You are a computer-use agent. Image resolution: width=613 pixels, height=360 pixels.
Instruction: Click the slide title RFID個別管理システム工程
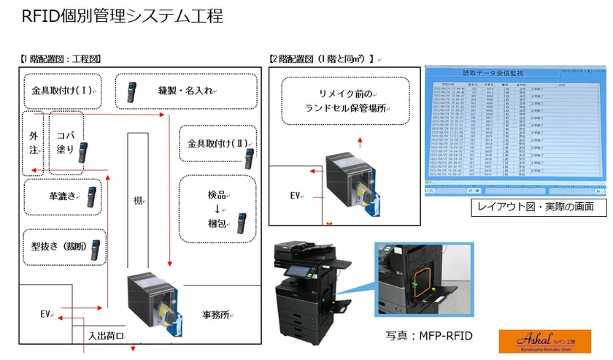click(123, 15)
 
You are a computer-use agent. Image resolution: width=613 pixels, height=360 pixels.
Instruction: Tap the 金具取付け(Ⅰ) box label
click(63, 91)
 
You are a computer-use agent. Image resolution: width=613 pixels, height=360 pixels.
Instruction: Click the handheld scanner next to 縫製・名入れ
click(131, 91)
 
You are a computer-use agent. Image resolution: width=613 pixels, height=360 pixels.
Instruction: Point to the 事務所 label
click(217, 315)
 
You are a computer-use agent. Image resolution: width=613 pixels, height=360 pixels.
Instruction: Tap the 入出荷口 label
click(107, 337)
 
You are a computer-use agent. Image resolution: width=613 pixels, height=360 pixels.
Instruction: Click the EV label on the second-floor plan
click(296, 196)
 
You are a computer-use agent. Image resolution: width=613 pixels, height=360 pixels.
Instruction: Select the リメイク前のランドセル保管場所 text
click(345, 101)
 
